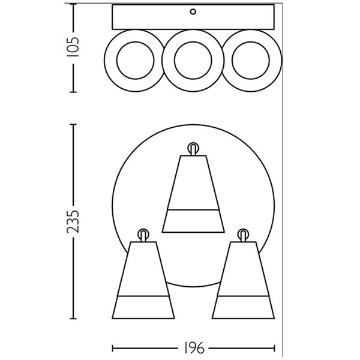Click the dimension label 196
[x=194, y=348]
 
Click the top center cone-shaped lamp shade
[x=193, y=186]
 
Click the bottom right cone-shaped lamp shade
[x=244, y=273]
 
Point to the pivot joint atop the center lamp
[x=193, y=148]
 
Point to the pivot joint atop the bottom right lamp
[x=243, y=234]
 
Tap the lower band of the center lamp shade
[x=193, y=221]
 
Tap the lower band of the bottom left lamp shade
[x=143, y=307]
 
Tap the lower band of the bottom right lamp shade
[x=244, y=307]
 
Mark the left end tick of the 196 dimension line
[x=113, y=348]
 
